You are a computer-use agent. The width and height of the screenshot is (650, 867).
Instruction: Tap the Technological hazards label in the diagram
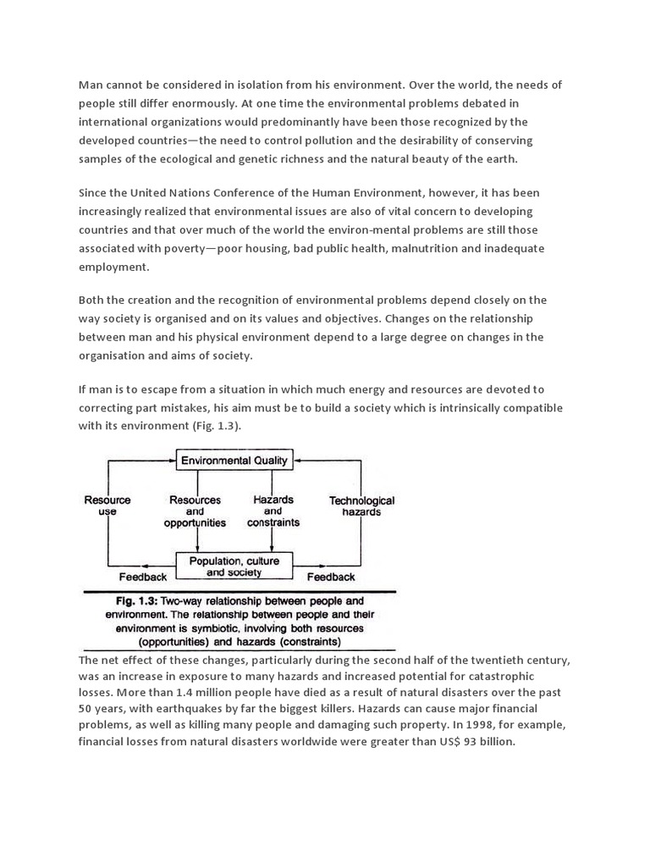point(361,506)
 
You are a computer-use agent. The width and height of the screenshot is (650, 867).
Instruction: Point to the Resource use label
point(107,506)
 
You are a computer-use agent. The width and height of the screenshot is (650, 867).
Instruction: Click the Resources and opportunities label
point(195,511)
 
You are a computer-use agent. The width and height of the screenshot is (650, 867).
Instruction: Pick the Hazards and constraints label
point(273,511)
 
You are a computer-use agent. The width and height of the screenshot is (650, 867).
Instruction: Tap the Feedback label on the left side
point(143,577)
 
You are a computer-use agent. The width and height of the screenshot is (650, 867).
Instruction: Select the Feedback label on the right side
point(331,577)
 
